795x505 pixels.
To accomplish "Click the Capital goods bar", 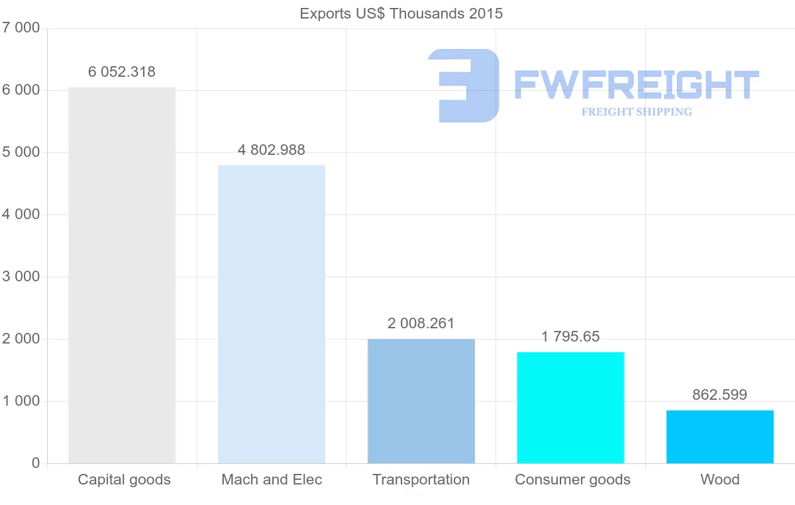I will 122,275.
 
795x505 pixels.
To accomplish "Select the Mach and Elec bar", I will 272,314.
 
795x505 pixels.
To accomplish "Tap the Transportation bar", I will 421,400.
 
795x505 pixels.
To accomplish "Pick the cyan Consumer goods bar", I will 570,407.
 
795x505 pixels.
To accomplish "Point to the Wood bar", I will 720,436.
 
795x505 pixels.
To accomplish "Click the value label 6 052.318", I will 122,72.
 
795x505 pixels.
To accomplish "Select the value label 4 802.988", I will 272,150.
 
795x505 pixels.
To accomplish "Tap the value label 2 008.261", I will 421,324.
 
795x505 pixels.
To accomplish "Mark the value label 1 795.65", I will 570,337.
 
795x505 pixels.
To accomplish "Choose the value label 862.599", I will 720,395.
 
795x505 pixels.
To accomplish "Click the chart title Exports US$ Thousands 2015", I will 401,13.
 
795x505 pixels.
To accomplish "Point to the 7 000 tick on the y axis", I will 21,28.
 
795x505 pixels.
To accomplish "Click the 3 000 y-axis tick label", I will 21,277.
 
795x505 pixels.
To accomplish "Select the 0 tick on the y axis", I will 35,463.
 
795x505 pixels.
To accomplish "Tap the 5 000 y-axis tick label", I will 21,152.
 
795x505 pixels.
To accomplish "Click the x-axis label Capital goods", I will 125,480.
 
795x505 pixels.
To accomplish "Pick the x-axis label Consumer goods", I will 572,480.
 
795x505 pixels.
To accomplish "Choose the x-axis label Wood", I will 720,480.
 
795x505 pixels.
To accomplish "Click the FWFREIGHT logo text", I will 636,85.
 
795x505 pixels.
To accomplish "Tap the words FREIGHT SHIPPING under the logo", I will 637,112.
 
